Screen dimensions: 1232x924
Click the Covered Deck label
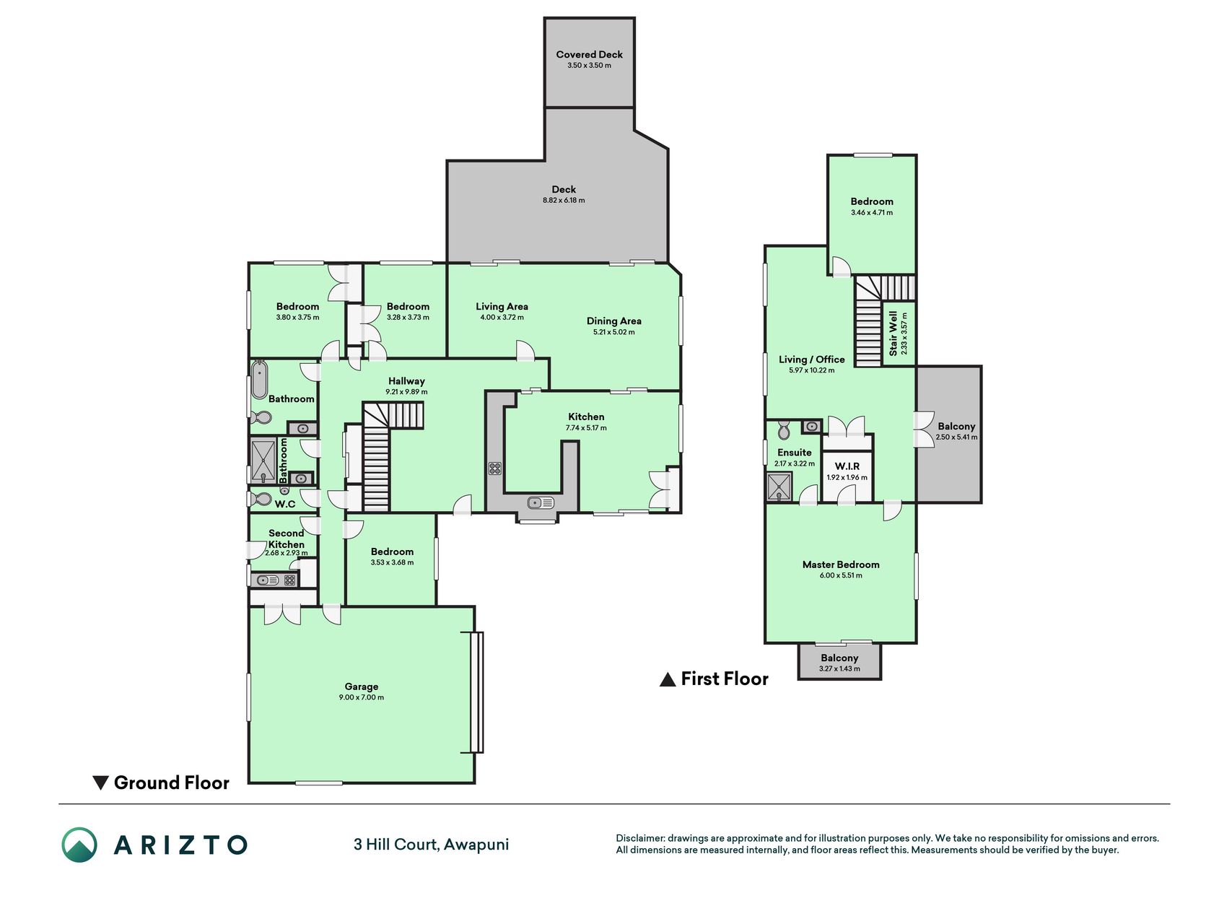[589, 54]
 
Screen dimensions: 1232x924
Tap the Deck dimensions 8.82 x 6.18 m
[564, 201]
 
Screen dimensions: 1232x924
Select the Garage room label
[361, 687]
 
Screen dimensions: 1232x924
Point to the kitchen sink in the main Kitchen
[541, 502]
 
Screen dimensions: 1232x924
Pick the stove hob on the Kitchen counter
[494, 468]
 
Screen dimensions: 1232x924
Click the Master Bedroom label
[841, 565]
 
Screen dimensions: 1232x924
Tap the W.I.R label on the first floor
[847, 466]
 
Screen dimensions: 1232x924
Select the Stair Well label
[894, 334]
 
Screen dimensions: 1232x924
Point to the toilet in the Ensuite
[784, 431]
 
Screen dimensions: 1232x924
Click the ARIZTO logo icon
[79, 845]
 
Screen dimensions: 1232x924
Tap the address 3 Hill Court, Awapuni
[431, 845]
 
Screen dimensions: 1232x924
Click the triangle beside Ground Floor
[101, 783]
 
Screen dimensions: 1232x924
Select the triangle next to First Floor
[668, 679]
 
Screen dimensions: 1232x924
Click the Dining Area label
[613, 321]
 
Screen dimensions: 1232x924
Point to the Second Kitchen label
[286, 539]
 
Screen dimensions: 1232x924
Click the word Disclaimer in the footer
[639, 838]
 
